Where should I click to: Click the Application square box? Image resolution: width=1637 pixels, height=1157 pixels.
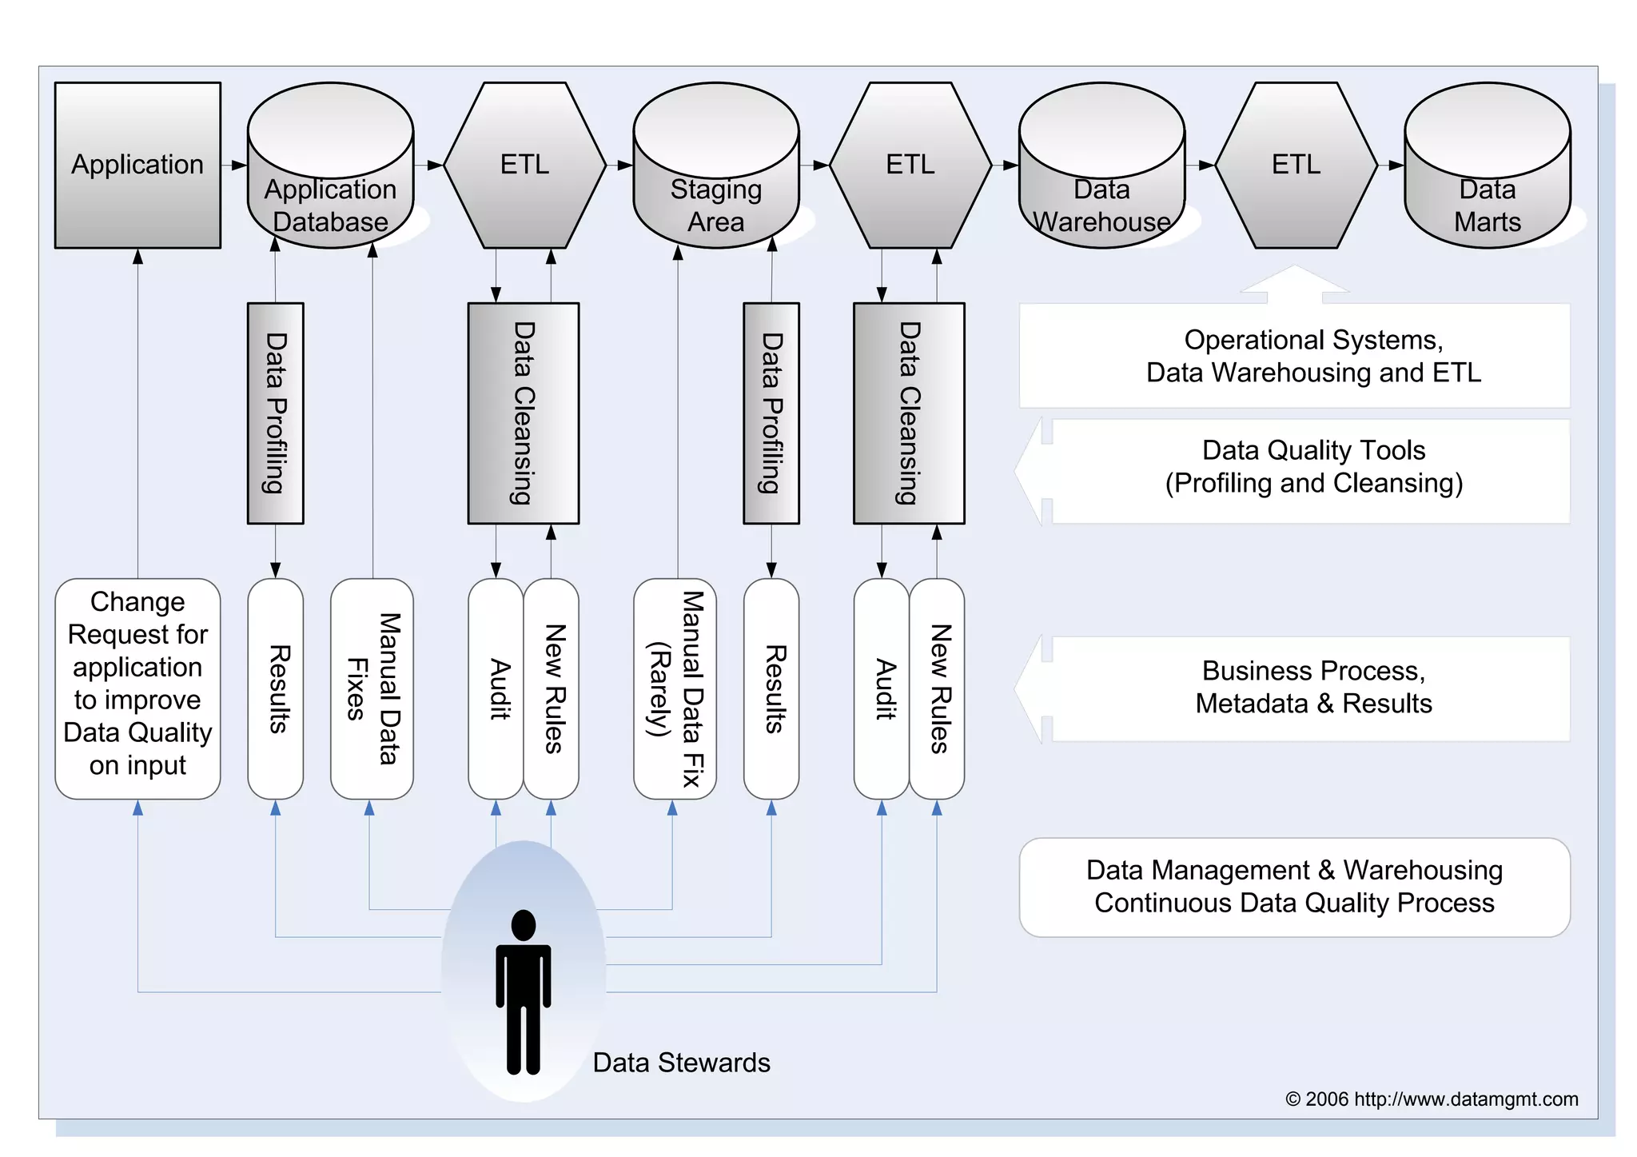(x=137, y=166)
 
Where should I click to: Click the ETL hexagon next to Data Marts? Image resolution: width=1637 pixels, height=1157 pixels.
(x=1296, y=166)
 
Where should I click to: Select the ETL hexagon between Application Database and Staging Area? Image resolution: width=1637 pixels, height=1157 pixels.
(x=524, y=166)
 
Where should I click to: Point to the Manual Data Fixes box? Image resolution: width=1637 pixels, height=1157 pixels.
(x=372, y=688)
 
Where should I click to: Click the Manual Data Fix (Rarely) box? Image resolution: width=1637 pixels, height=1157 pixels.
(x=675, y=688)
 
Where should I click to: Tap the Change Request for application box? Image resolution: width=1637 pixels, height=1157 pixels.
(x=137, y=688)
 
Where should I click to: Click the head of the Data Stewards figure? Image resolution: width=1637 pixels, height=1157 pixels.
(x=524, y=925)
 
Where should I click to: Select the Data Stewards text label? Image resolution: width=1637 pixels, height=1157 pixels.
(x=681, y=1063)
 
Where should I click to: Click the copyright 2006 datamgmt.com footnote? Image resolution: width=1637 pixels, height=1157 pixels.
(x=1431, y=1099)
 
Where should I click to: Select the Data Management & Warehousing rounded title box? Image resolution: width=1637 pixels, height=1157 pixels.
(x=1294, y=887)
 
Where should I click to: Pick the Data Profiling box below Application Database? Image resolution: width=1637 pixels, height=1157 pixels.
(x=275, y=413)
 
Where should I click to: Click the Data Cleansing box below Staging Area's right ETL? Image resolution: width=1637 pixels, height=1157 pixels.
(x=909, y=413)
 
